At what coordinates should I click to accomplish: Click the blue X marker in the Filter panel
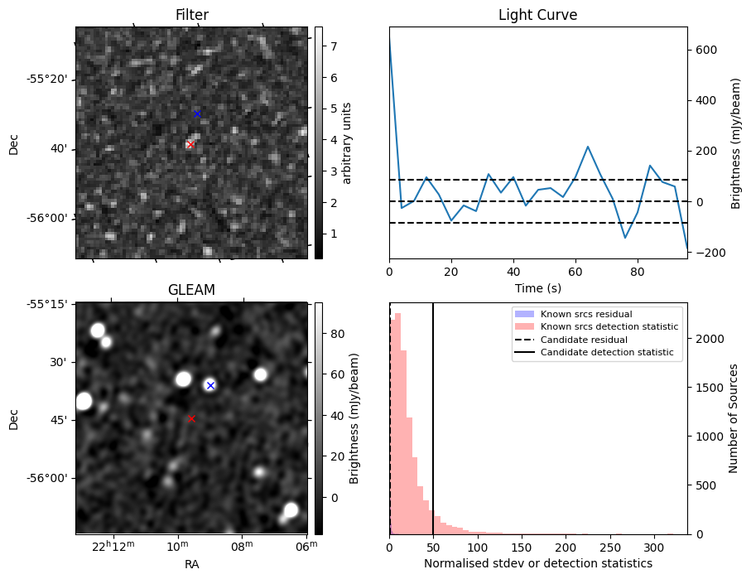pos(197,113)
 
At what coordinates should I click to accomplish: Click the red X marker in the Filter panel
pos(190,144)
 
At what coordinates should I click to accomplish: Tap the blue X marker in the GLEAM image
pos(210,385)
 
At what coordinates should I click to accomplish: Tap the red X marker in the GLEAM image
pos(191,418)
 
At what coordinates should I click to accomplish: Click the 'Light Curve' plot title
pos(537,16)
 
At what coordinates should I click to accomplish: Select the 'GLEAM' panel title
pos(191,290)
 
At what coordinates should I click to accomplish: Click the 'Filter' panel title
pos(191,16)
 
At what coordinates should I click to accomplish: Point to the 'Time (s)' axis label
pos(537,287)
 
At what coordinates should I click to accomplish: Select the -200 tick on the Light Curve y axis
pos(705,253)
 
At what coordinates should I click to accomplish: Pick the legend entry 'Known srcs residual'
pos(585,314)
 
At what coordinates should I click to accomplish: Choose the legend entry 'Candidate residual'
pos(585,340)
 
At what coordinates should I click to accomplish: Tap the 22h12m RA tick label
pos(113,546)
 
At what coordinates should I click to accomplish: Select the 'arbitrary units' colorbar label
pos(348,142)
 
